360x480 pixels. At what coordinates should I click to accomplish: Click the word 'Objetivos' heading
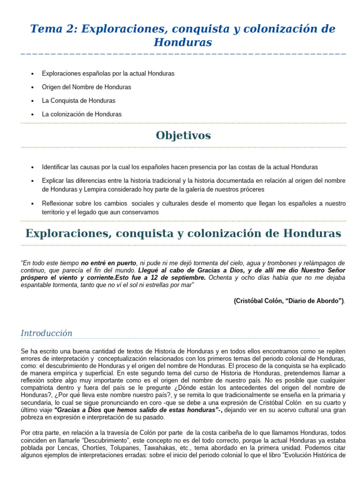coord(183,135)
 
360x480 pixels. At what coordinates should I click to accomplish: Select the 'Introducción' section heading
coord(46,333)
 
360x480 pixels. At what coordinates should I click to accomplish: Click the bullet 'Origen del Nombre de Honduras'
coord(86,87)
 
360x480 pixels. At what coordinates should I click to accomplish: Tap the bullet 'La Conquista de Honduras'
coord(78,101)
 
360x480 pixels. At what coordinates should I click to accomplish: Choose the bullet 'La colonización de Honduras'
coord(82,114)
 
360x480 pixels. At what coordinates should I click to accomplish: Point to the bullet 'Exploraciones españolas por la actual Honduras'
coord(108,74)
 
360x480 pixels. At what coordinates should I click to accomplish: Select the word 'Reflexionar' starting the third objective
coord(58,203)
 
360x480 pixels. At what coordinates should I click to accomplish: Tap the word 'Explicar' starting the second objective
coord(52,180)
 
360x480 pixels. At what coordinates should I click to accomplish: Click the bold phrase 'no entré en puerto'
coord(109,263)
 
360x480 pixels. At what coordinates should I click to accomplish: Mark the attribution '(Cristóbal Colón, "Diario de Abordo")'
coord(289,301)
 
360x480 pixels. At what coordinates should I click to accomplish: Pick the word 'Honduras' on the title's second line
coord(183,43)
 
